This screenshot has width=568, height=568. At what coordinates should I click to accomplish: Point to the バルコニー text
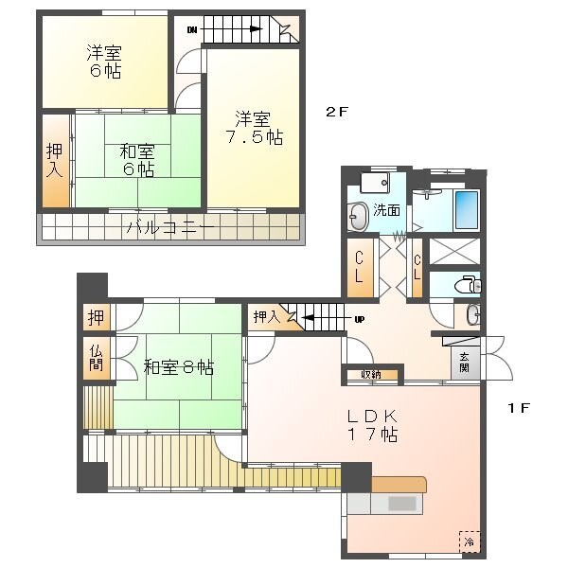(x=171, y=228)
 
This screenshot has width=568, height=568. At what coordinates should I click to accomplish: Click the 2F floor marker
(x=338, y=112)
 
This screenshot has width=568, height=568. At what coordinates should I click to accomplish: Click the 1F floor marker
(x=517, y=408)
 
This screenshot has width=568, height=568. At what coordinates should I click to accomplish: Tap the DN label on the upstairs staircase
(x=193, y=29)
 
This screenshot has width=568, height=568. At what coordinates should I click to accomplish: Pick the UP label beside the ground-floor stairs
(x=359, y=319)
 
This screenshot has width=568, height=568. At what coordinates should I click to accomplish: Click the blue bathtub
(x=469, y=210)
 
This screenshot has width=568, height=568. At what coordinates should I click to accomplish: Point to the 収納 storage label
(x=371, y=375)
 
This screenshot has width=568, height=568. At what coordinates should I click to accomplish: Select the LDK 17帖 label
(x=371, y=425)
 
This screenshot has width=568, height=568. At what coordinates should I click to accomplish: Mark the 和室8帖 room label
(x=178, y=366)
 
